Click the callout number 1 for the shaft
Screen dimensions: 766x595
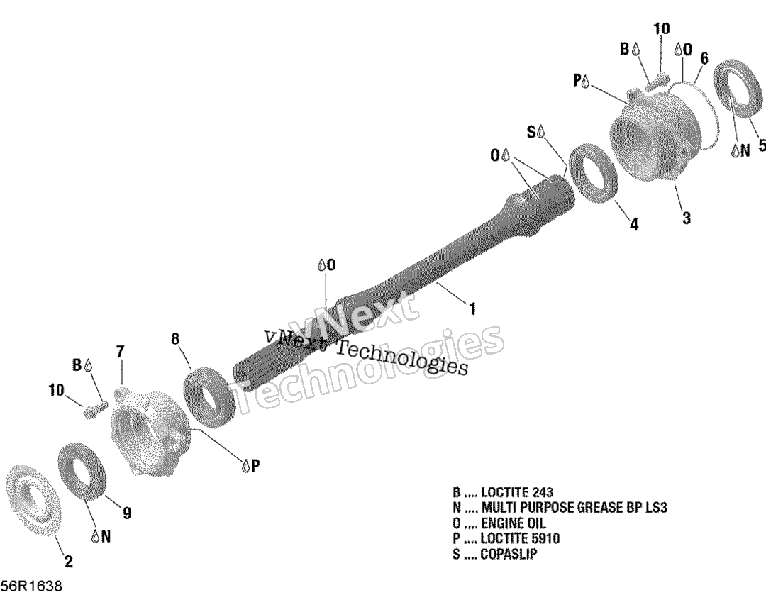pos(472,308)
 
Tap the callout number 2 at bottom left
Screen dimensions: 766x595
pos(68,561)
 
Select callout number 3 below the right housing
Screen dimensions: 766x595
pos(687,218)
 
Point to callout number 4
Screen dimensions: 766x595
pos(633,224)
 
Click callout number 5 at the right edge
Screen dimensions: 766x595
pos(761,145)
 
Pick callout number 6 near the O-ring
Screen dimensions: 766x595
pos(704,58)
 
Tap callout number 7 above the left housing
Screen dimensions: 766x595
pos(120,351)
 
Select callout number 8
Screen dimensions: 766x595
pos(176,338)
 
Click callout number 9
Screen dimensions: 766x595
pos(127,513)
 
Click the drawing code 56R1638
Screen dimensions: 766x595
pos(31,586)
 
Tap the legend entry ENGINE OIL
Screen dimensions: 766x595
pos(499,523)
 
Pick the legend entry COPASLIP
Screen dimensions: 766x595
pos(494,555)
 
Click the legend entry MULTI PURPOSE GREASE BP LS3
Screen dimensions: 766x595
pos(560,508)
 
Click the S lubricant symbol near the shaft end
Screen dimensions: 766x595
pos(536,132)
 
